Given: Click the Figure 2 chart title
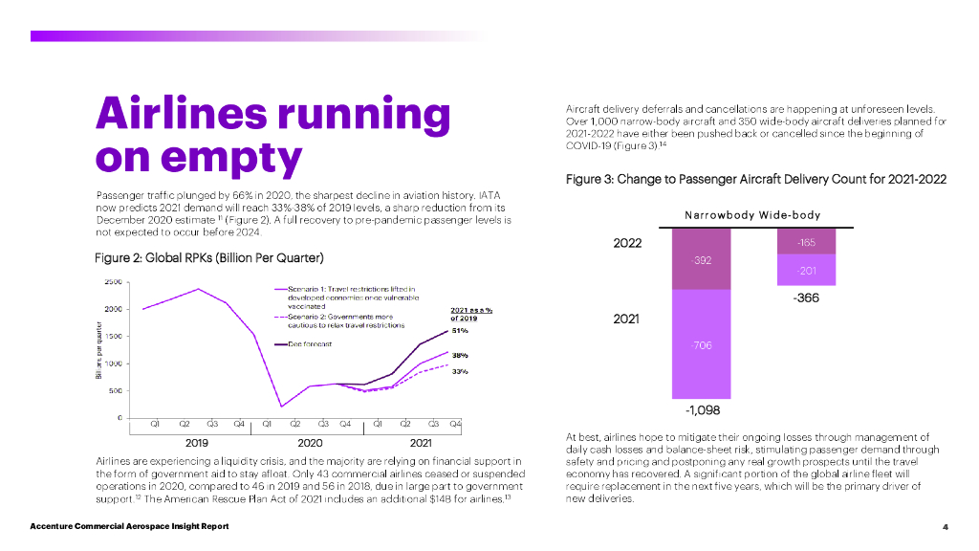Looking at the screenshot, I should coord(209,258).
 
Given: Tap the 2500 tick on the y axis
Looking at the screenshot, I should coord(112,281).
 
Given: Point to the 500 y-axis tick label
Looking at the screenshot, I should coord(115,390).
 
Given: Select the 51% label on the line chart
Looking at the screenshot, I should coord(459,331).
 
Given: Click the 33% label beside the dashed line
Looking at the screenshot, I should coord(459,371).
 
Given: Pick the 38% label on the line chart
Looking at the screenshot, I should coord(459,355).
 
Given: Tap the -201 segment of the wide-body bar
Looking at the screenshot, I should coord(807,271).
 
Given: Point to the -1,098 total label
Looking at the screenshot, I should coord(702,410).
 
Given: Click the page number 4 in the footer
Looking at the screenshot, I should coord(945,527).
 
